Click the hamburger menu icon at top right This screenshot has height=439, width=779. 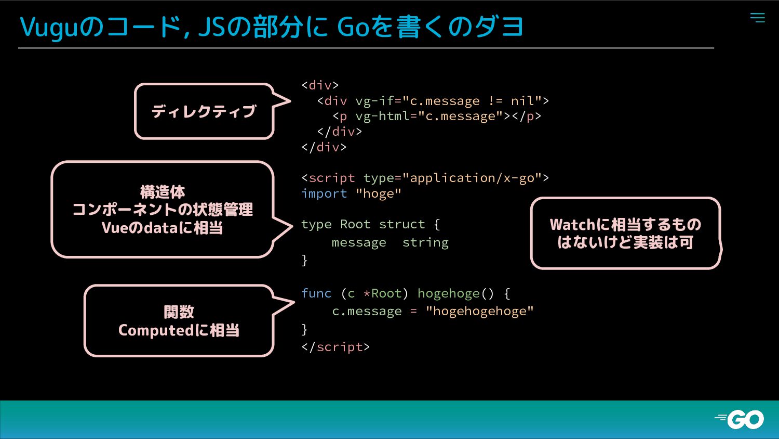coord(757,18)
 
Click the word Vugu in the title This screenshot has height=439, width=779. coord(48,27)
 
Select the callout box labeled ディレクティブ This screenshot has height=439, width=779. coord(204,111)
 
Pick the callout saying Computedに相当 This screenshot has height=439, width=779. coord(179,321)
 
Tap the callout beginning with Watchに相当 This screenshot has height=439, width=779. coord(625,233)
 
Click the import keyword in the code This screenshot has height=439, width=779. coord(324,193)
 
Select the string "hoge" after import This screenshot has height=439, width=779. coord(379,193)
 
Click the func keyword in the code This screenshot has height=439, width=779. coord(316,293)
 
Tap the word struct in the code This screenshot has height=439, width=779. coord(402,224)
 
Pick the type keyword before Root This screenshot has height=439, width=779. coord(316,224)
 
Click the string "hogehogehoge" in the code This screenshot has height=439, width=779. coord(479,311)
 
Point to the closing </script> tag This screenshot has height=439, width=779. coord(335,347)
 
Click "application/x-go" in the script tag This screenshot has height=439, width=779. coord(472,178)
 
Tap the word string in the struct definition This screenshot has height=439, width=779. coord(425,242)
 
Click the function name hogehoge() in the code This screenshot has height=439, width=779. coord(455,293)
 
